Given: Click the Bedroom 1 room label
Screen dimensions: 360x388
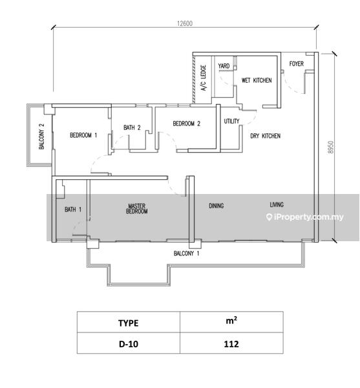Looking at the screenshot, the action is [83, 135].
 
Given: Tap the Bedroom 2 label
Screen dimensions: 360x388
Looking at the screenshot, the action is [186, 124].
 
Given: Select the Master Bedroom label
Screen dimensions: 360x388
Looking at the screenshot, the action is [137, 209].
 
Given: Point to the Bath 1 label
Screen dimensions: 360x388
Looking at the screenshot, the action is [73, 210].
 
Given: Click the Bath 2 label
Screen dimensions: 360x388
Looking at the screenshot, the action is [132, 127].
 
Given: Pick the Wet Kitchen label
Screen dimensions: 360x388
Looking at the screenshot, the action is [257, 80].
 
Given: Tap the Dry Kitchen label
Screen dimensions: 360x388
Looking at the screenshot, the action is [265, 136].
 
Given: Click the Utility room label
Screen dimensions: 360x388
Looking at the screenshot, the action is [231, 121].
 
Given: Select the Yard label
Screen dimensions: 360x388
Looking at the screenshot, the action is [224, 66].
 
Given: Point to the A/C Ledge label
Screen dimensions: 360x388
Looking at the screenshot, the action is [203, 78].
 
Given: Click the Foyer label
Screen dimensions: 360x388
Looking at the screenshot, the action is [297, 63].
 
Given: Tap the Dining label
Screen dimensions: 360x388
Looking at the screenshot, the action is [217, 206].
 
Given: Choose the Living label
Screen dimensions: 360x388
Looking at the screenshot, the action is [277, 204].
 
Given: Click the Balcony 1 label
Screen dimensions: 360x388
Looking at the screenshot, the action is [186, 253].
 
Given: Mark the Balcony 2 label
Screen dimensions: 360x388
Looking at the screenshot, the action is [41, 136].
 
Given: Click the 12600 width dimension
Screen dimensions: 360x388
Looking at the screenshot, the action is [185, 23].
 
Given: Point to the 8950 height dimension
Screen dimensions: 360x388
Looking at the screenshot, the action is [331, 147].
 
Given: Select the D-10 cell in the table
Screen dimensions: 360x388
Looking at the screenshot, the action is [129, 344].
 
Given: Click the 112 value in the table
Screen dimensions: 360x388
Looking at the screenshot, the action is [231, 344].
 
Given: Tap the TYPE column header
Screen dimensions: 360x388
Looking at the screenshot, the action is [129, 323].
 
